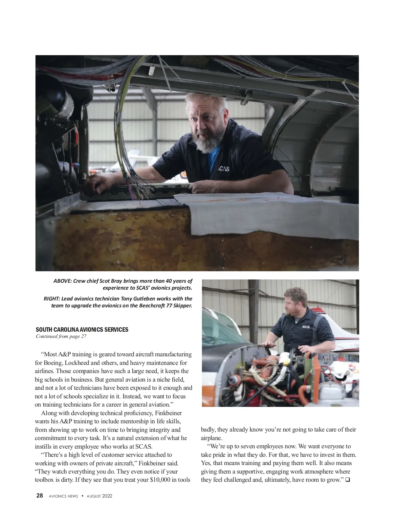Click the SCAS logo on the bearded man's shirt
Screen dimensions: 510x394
(x=223, y=169)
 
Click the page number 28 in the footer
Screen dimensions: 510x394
(x=39, y=496)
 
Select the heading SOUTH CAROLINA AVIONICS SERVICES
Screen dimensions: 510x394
(x=82, y=329)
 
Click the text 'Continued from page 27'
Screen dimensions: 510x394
(x=61, y=336)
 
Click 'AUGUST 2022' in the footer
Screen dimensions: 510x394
(x=99, y=496)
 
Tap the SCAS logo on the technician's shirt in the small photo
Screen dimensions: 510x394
(x=306, y=327)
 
